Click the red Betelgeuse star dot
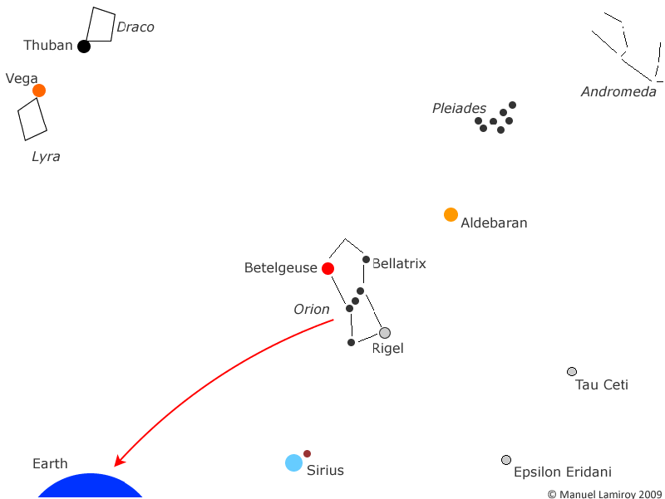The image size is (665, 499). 328,268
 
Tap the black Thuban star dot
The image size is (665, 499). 84,46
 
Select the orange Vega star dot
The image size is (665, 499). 39,91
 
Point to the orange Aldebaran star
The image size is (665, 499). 451,215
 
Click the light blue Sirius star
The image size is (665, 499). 293,462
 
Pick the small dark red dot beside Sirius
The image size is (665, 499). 307,453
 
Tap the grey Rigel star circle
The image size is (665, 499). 385,333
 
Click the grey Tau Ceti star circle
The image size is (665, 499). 572,371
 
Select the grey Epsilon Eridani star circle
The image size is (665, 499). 506,460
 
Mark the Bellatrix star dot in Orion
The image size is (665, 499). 366,259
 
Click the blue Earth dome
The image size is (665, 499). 91,487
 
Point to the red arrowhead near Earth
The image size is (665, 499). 120,461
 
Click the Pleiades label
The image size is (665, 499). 459,109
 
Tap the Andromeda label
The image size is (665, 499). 618,91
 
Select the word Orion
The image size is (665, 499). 311,309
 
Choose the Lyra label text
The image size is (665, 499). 46,157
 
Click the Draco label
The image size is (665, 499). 135,27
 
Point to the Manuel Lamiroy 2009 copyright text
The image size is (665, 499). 605,494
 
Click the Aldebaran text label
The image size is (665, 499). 494,223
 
